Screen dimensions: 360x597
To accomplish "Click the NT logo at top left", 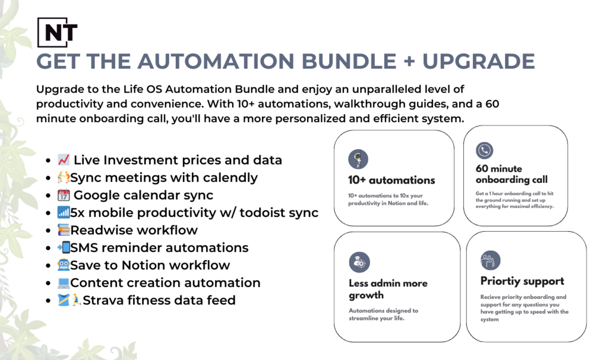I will [x=58, y=32].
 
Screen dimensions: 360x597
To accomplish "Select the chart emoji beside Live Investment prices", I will [x=64, y=160].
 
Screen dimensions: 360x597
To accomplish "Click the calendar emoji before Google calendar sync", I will [x=64, y=195].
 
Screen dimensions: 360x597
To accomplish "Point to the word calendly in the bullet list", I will [x=229, y=178].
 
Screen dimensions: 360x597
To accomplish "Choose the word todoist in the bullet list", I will [x=262, y=213].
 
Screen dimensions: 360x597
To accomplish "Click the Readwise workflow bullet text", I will [x=134, y=230].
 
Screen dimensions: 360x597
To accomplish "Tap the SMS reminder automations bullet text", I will [x=159, y=248].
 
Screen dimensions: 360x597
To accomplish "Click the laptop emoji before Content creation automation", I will [x=64, y=283].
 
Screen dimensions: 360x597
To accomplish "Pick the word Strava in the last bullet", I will [x=102, y=301].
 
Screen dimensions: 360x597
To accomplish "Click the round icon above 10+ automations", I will [x=358, y=159].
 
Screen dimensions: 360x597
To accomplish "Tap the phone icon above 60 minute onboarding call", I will [x=485, y=150].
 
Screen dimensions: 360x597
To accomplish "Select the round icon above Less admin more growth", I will [x=359, y=262].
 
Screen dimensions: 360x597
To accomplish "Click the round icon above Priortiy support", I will [x=491, y=260].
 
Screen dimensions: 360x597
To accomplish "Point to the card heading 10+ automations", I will [x=391, y=180].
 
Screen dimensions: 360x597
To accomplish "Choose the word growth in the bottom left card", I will [x=366, y=295].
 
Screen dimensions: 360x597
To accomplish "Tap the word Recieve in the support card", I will [x=492, y=297].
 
